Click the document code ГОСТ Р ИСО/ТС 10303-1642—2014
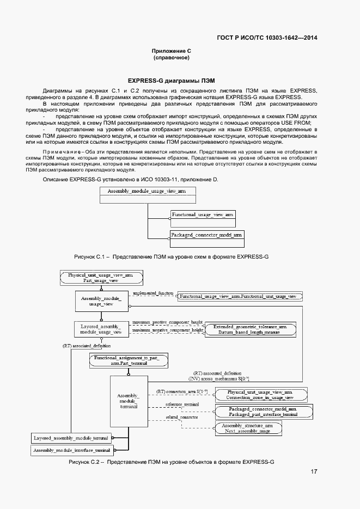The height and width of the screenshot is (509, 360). pyautogui.click(x=267, y=38)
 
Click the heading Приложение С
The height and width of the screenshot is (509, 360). pyautogui.click(x=171, y=50)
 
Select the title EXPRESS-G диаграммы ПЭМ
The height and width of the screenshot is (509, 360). pyautogui.click(x=171, y=79)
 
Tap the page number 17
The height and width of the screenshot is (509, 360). pyautogui.click(x=314, y=471)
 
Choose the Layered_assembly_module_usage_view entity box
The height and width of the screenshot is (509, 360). pyautogui.click(x=101, y=328)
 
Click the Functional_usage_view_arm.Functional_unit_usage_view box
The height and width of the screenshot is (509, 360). pyautogui.click(x=239, y=296)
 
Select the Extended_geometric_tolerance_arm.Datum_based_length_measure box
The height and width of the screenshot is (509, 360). pyautogui.click(x=249, y=329)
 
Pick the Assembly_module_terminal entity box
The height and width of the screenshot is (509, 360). pyautogui.click(x=128, y=401)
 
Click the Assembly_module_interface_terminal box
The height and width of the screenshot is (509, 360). pyautogui.click(x=71, y=450)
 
